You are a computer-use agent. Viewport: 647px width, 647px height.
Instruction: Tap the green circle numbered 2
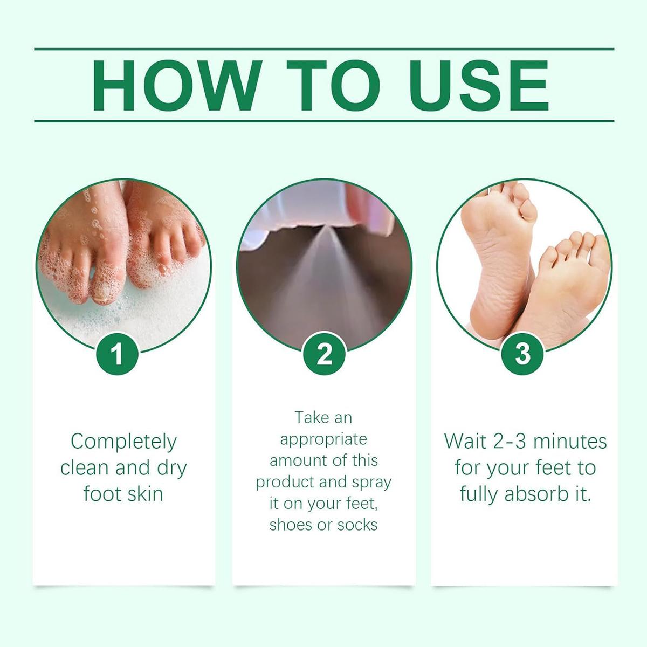324,354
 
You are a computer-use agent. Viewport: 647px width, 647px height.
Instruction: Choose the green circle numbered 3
522,354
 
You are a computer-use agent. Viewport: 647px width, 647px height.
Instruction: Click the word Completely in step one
123,442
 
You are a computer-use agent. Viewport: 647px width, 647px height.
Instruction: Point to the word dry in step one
171,467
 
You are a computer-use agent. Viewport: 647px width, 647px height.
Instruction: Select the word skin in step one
143,493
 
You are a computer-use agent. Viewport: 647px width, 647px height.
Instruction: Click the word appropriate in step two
323,439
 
